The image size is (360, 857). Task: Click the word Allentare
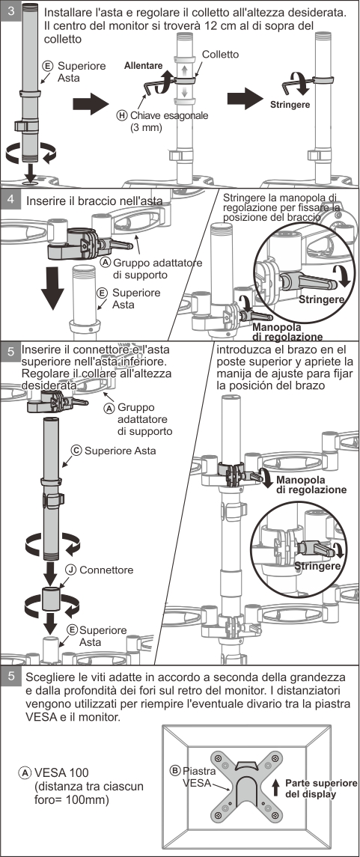143,66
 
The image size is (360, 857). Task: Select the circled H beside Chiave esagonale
121,115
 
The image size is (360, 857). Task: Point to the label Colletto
220,55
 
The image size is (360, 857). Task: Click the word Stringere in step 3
290,104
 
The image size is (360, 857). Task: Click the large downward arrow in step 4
52,287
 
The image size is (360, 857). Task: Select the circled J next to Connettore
71,570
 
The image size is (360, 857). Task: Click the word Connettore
106,570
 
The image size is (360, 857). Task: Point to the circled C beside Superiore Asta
76,451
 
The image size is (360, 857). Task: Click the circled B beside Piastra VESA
175,771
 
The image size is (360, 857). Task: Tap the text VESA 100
61,773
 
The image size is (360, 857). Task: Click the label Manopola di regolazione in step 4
287,332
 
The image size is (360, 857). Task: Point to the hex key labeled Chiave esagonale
153,86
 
